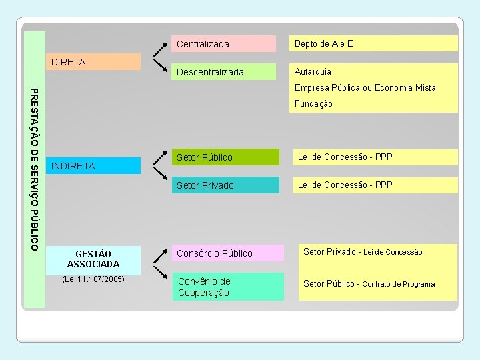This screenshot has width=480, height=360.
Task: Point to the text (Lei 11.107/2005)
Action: (x=93, y=279)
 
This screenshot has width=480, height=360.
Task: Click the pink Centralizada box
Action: (x=223, y=44)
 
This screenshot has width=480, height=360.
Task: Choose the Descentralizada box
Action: (x=223, y=72)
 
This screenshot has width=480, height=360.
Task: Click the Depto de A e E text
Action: (x=324, y=44)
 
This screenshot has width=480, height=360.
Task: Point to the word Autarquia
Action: (x=313, y=71)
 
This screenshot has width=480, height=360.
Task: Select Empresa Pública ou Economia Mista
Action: (x=365, y=87)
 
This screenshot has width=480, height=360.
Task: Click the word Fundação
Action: (x=313, y=104)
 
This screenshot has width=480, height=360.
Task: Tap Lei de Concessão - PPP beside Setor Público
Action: (x=345, y=157)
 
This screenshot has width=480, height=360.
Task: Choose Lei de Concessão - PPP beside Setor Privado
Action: (x=345, y=185)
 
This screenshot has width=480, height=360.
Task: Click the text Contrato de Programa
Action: (x=398, y=284)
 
